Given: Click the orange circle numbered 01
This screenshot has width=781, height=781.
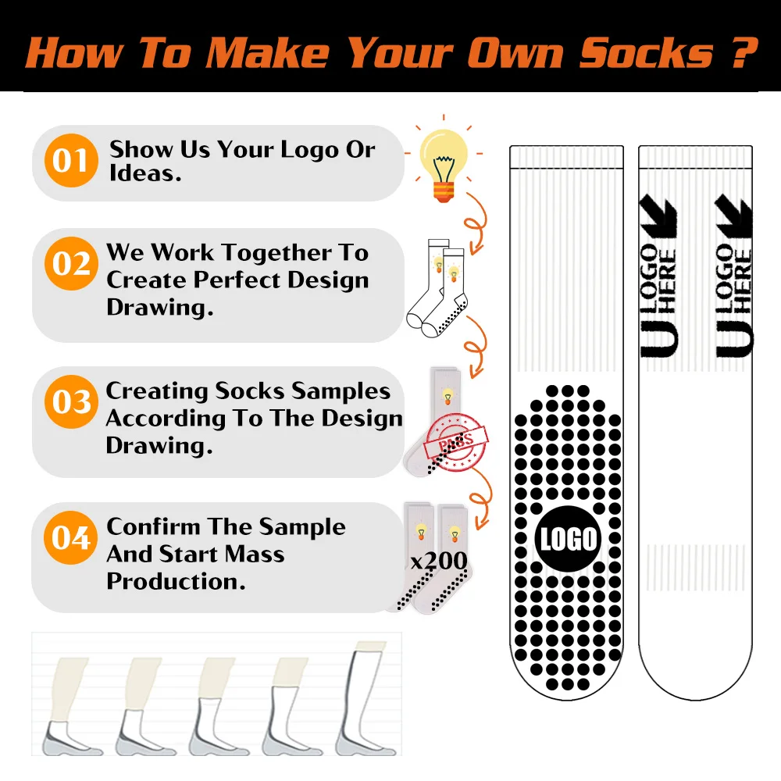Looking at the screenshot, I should pos(71,161).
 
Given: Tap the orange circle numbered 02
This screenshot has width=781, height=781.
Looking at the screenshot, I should pos(71,264).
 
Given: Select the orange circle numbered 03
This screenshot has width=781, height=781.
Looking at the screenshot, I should pos(71,402).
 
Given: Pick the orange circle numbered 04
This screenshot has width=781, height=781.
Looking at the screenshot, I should pos(71,538).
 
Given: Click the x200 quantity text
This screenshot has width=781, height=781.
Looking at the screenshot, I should pos(439,560).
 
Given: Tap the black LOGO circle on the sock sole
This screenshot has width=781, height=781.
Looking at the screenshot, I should pos(569,540).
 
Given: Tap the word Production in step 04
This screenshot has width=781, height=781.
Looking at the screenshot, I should pos(171,581).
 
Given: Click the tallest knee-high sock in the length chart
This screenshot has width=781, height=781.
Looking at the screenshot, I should pos(362,699).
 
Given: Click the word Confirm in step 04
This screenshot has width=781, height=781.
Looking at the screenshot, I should pos(152,527).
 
